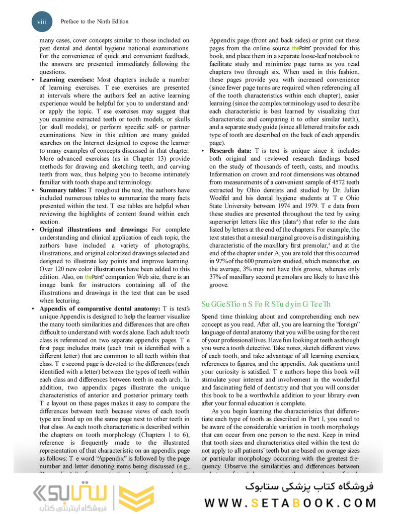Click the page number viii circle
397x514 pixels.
click(42, 22)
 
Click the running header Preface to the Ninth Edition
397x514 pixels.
click(94, 22)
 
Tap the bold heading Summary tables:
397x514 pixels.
click(63, 190)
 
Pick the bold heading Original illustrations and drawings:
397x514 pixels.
click(93, 229)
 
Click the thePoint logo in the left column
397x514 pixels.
click(93, 276)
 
